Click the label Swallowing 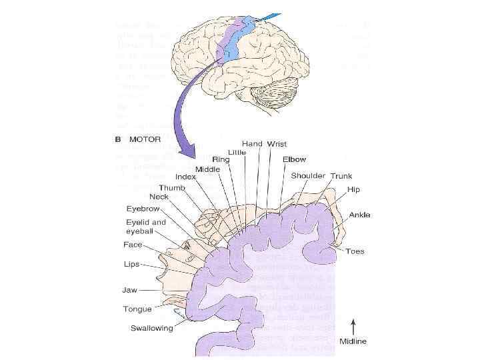coord(151,328)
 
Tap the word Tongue coord(137,309)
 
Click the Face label coord(133,245)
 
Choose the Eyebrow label coord(143,209)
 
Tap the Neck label coord(159,197)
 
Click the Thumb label coord(171,188)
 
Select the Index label coord(185,177)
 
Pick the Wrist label coord(277,143)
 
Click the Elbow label coord(294,160)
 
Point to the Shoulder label coord(308,176)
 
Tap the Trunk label coord(341,176)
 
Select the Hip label coord(353,190)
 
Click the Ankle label coord(360,215)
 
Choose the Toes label coord(355,251)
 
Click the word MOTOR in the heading coord(145,141)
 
